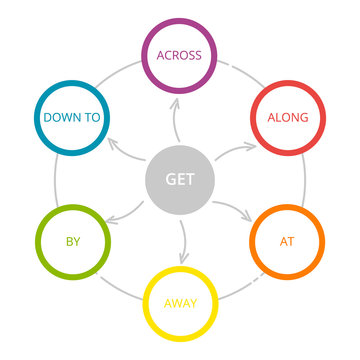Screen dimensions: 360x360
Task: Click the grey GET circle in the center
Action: click(x=180, y=180)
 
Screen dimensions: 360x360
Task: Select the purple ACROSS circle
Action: click(x=180, y=55)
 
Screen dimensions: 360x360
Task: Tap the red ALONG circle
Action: click(x=288, y=117)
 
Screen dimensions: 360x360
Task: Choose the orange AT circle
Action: click(x=288, y=242)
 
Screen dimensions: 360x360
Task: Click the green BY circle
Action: click(x=72, y=242)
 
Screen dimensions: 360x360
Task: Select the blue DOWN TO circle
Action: click(x=72, y=117)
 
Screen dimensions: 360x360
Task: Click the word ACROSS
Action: click(x=180, y=55)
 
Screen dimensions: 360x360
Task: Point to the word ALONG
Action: click(x=288, y=117)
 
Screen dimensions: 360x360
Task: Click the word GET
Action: click(x=180, y=181)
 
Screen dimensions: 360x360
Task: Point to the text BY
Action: click(x=72, y=242)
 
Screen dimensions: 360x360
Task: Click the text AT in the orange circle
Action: click(x=288, y=242)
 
